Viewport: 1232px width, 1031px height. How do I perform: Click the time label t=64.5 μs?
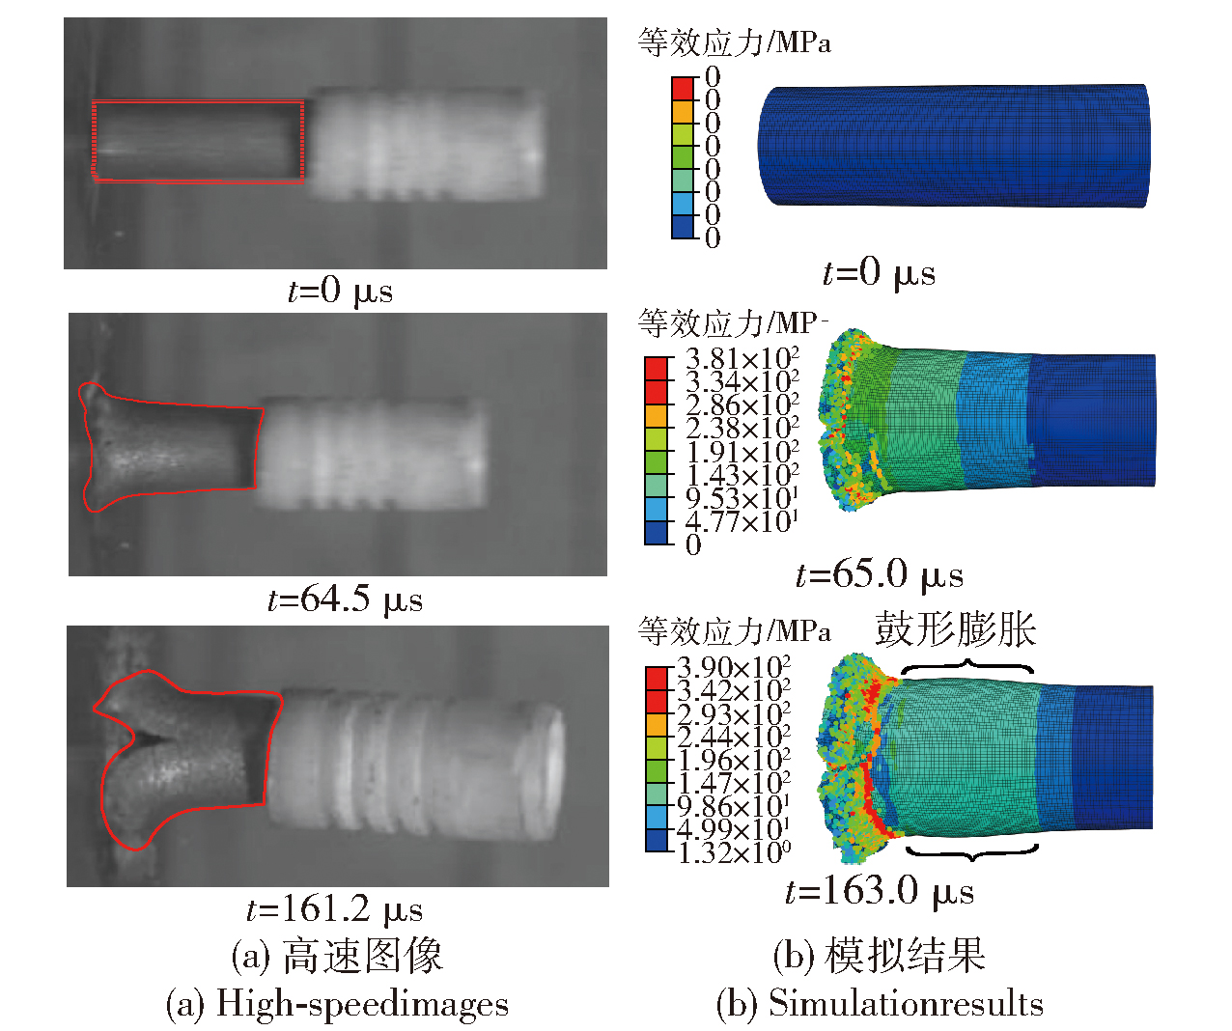coord(346,600)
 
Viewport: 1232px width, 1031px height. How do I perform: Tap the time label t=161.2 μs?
coord(334,909)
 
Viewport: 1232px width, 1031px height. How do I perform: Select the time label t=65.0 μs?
coord(880,575)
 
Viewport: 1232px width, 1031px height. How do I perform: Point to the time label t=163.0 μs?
coord(880,891)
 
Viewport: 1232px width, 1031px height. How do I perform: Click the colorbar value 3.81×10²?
coord(742,359)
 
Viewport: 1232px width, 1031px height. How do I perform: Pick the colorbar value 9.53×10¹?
coord(742,499)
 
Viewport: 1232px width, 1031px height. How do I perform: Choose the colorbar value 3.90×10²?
coord(734,667)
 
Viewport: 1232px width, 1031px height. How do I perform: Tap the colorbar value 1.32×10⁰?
coord(734,852)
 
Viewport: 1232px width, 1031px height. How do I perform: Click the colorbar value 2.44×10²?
coord(734,738)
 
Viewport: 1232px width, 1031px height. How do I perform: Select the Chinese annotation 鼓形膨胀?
coord(955,630)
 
